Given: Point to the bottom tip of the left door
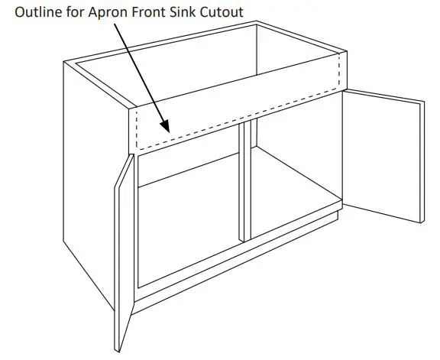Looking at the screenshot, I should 120,349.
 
